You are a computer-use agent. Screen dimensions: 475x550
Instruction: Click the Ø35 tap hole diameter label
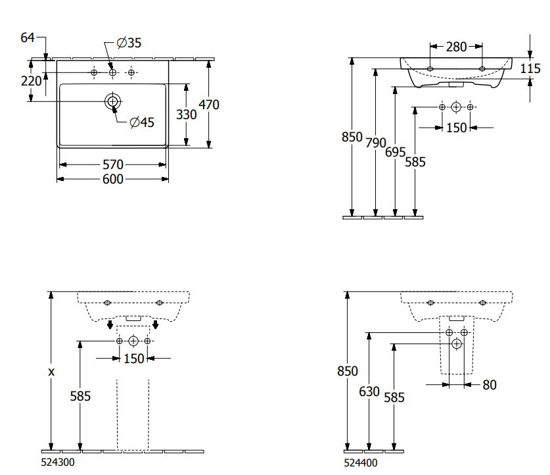coord(129,43)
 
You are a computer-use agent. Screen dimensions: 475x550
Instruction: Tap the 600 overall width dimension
coord(113,179)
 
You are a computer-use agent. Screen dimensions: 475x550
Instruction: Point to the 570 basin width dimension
coord(113,164)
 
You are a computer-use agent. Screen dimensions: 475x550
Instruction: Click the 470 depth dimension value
coord(209,104)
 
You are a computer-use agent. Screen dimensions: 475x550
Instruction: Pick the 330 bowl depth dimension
coord(187,114)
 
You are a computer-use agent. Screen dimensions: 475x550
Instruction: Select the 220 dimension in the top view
coord(31,81)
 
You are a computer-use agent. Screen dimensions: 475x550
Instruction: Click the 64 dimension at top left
coord(28,37)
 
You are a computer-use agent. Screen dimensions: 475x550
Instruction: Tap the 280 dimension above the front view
coord(456,47)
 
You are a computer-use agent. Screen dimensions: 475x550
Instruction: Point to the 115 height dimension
coord(530,68)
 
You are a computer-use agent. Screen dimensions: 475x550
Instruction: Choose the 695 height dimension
coord(395,152)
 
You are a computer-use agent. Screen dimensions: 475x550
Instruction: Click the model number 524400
coord(361,463)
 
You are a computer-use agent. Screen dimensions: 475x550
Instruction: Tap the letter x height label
coord(51,372)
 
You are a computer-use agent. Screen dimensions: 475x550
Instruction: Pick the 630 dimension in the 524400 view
coord(369,391)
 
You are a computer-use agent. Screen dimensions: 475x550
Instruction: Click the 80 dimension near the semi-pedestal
coord(489,385)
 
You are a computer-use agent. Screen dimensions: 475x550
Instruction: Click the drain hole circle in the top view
coord(113,101)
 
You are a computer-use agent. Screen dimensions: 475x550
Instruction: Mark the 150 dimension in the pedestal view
coord(133,358)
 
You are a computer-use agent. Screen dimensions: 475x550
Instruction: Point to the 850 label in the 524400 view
coord(347,371)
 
